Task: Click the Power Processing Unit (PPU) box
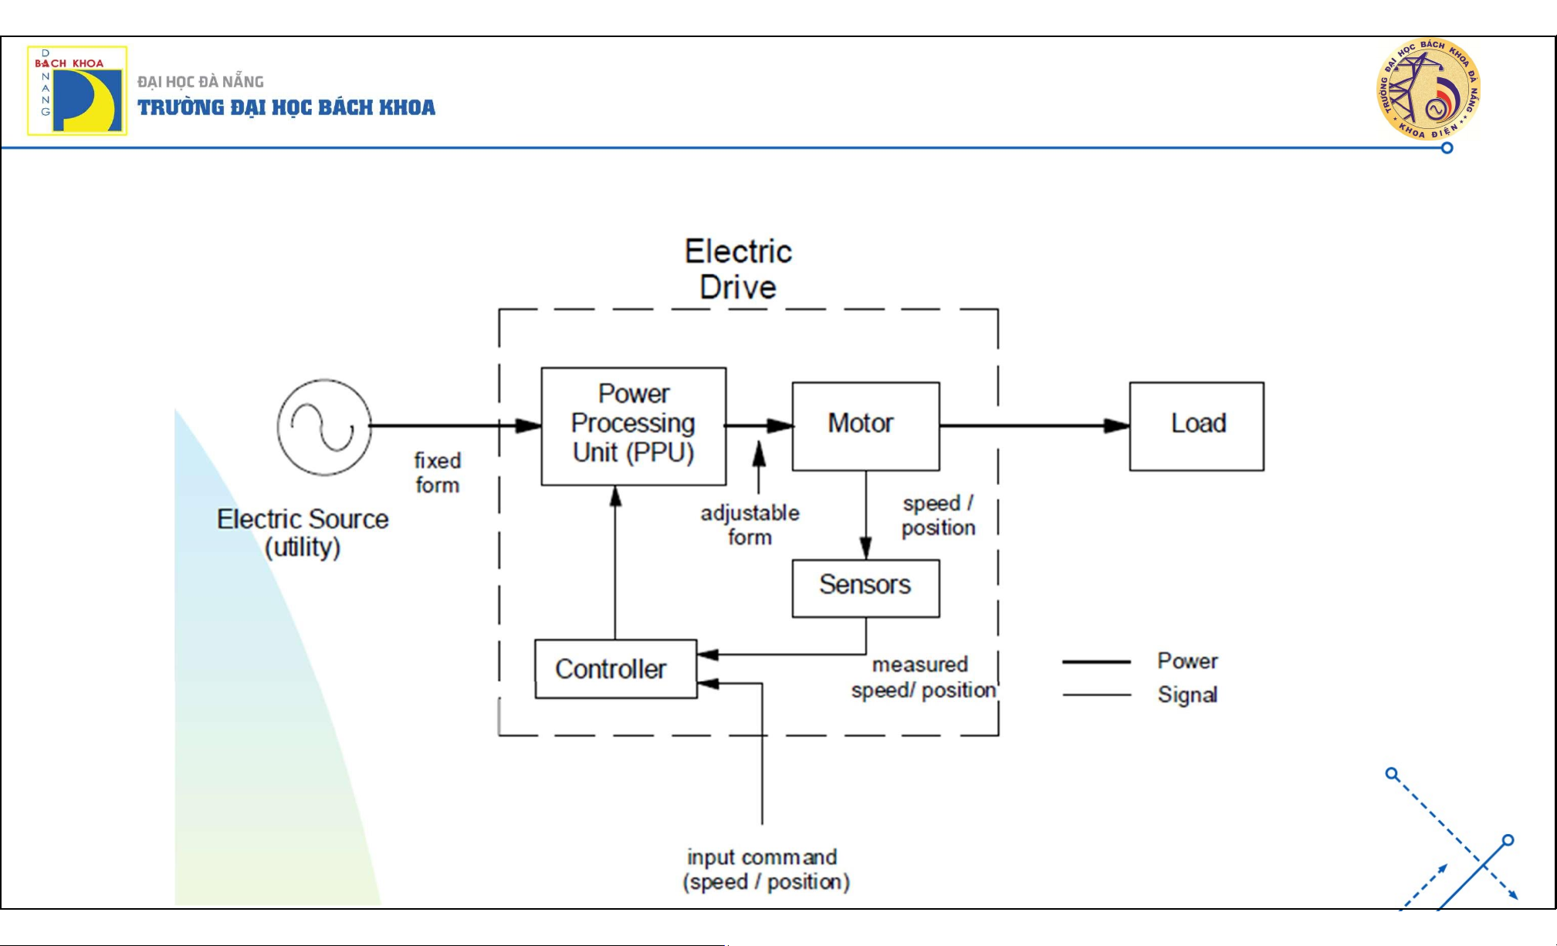point(633,426)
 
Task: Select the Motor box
point(865,426)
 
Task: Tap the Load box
point(1197,426)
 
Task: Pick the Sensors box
point(865,588)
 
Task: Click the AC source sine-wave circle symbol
point(324,426)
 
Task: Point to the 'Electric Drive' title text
point(738,270)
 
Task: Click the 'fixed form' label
point(438,473)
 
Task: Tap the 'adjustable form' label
point(750,525)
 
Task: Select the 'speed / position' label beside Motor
point(938,515)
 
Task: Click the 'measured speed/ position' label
point(922,677)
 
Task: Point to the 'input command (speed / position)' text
point(765,870)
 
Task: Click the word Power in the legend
point(1187,661)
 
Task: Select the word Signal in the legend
point(1187,695)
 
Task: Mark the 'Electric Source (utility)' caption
point(303,533)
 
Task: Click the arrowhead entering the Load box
point(1117,426)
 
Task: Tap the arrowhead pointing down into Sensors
point(866,548)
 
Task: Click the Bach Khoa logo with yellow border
point(77,90)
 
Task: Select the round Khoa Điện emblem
point(1429,89)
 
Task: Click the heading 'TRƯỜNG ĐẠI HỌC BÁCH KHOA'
point(286,107)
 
